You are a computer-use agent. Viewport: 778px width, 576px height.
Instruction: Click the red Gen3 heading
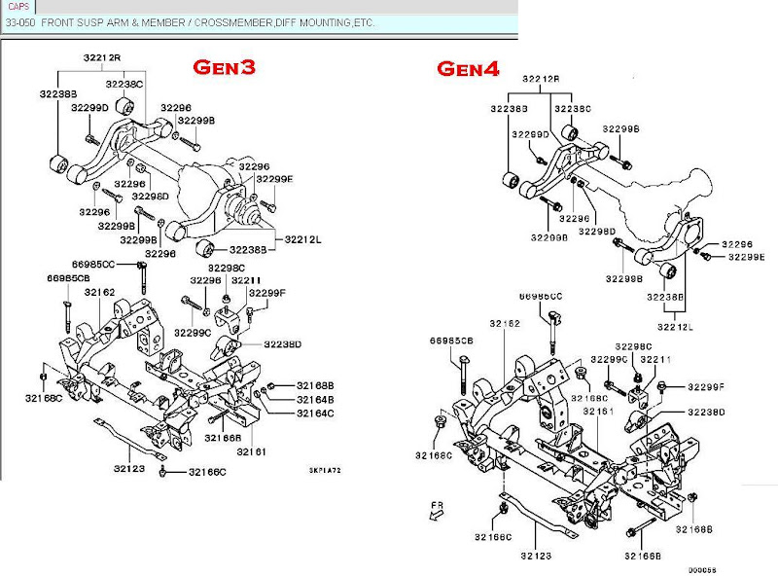[x=224, y=69]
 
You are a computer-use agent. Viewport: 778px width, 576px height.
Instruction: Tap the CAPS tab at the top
[x=18, y=7]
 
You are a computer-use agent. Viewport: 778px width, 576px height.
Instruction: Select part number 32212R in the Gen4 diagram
[x=541, y=79]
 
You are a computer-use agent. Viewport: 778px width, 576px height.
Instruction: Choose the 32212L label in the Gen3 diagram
[x=303, y=238]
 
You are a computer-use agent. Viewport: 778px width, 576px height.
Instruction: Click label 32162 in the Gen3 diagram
[x=99, y=291]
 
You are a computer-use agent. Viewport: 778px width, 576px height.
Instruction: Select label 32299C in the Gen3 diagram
[x=193, y=332]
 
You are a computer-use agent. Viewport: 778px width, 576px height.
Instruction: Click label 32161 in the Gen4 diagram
[x=601, y=412]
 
